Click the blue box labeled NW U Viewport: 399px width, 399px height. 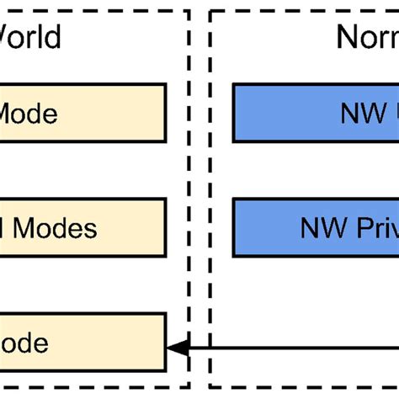point(316,112)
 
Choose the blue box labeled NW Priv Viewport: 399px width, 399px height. point(316,227)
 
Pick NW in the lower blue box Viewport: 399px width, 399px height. point(320,227)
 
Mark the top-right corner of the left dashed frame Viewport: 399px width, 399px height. point(189,11)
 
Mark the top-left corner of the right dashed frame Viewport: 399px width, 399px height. point(210,11)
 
